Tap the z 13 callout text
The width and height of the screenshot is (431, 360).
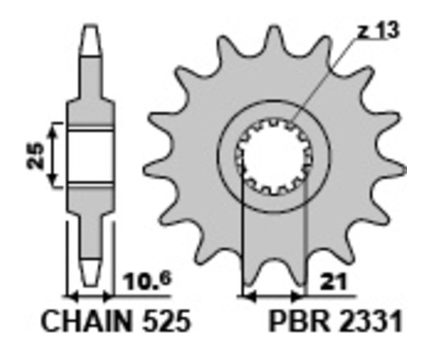pos(378,32)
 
